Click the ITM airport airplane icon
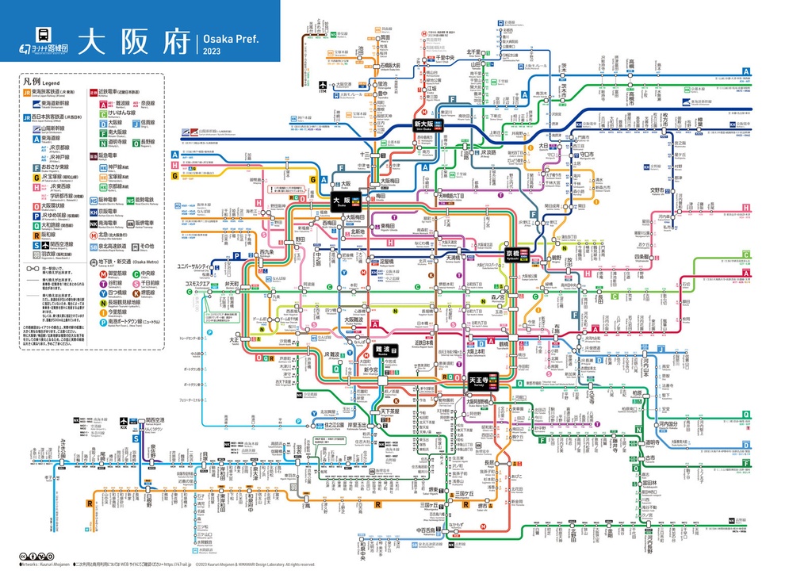[x=322, y=85]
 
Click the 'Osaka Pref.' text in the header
[x=230, y=37]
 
